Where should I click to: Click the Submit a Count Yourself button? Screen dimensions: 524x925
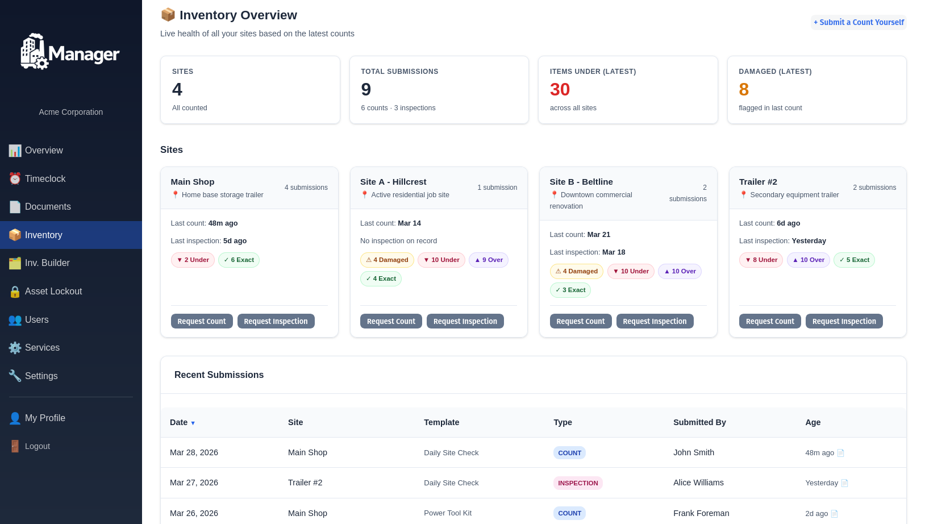pyautogui.click(x=859, y=22)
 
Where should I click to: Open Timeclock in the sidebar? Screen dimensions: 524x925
pyautogui.click(x=45, y=178)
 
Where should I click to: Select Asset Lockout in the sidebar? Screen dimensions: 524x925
pyautogui.click(x=53, y=291)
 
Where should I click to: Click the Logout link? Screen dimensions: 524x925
pyautogui.click(x=37, y=446)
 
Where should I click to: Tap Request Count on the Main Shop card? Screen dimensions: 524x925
pyautogui.click(x=202, y=321)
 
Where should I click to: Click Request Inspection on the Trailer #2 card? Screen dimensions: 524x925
pyautogui.click(x=844, y=321)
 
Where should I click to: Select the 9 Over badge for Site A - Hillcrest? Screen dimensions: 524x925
pyautogui.click(x=489, y=260)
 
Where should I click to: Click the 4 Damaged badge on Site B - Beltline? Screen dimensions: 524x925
pyautogui.click(x=576, y=271)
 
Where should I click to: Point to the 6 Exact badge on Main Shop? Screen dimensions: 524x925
pyautogui.click(x=239, y=260)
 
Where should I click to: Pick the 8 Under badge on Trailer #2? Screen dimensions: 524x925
pyautogui.click(x=761, y=260)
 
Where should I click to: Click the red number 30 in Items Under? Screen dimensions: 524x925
pyautogui.click(x=560, y=89)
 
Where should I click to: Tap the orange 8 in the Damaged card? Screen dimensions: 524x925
pyautogui.click(x=744, y=89)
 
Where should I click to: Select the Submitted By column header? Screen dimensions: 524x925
pyautogui.click(x=699, y=422)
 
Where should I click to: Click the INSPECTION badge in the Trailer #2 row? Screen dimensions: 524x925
pyautogui.click(x=578, y=483)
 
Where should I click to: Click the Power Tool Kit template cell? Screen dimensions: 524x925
pyautogui.click(x=448, y=513)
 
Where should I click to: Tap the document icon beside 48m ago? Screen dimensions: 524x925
pyautogui.click(x=841, y=453)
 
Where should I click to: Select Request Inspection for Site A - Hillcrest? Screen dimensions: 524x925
pyautogui.click(x=465, y=321)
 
